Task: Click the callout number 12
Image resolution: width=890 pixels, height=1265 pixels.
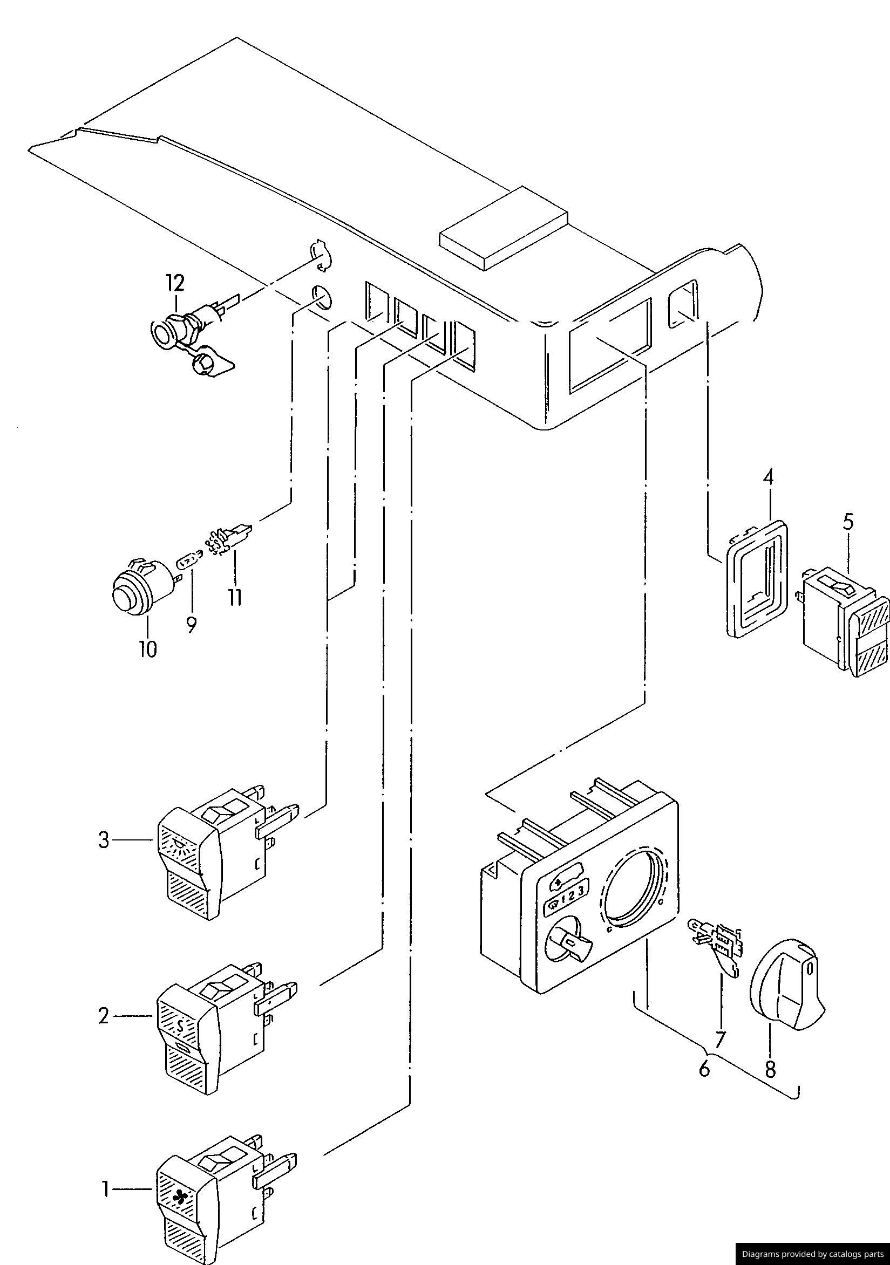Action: [x=175, y=283]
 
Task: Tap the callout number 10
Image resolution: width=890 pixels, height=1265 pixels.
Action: [x=147, y=649]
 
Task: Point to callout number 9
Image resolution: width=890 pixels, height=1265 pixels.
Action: [x=191, y=624]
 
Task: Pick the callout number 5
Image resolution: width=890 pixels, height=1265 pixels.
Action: [x=848, y=522]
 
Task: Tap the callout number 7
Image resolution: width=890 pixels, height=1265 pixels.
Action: [x=719, y=1038]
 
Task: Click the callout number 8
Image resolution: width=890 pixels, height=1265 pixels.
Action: [x=770, y=1069]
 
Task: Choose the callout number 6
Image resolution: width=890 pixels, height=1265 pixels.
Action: [x=704, y=1069]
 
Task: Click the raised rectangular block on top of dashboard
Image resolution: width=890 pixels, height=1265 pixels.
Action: [x=503, y=228]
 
